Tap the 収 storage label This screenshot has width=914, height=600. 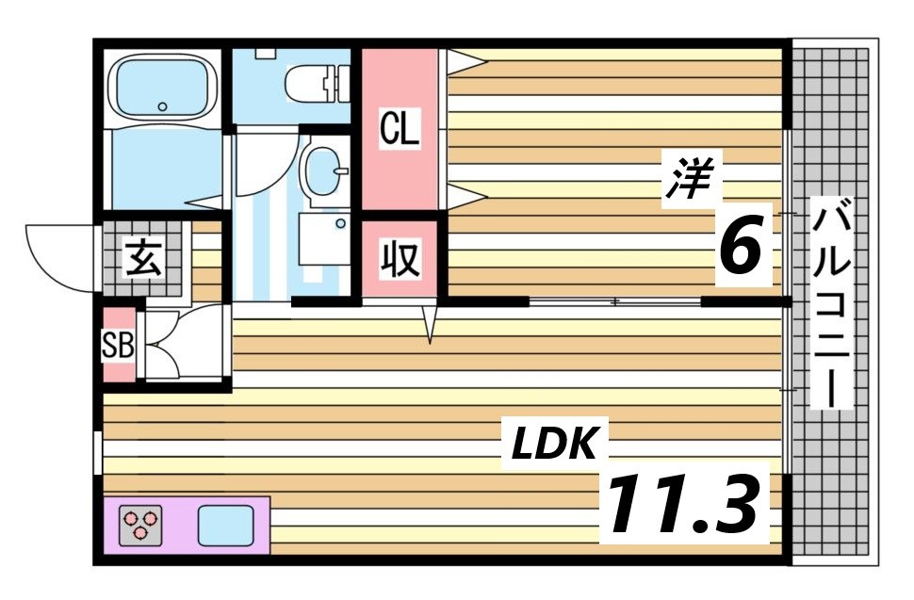[400, 259]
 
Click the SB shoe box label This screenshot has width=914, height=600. [119, 346]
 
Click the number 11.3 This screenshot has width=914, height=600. [685, 503]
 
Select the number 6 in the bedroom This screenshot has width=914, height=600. [741, 244]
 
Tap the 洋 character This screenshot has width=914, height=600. [691, 179]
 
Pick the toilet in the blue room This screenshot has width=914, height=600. [318, 82]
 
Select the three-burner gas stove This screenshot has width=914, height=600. [140, 525]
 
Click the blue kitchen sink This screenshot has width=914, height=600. [226, 525]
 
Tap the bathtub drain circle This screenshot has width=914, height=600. [162, 106]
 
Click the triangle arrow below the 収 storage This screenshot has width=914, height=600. [431, 324]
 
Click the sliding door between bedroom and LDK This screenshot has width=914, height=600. [615, 301]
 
